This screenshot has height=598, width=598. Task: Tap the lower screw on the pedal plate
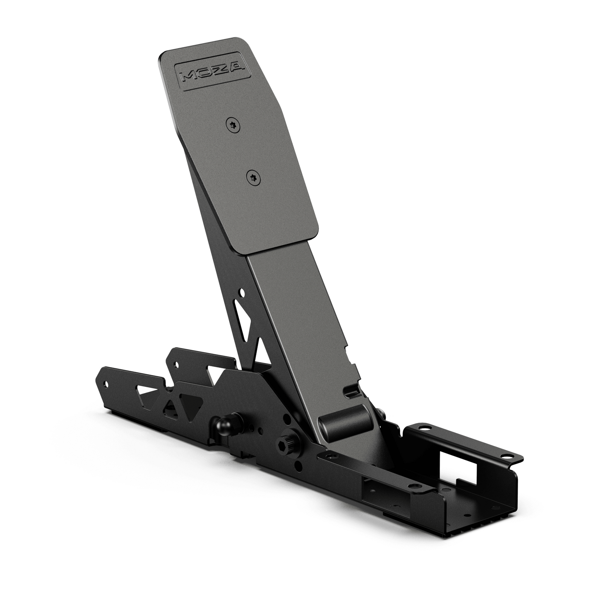tap(253, 177)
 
